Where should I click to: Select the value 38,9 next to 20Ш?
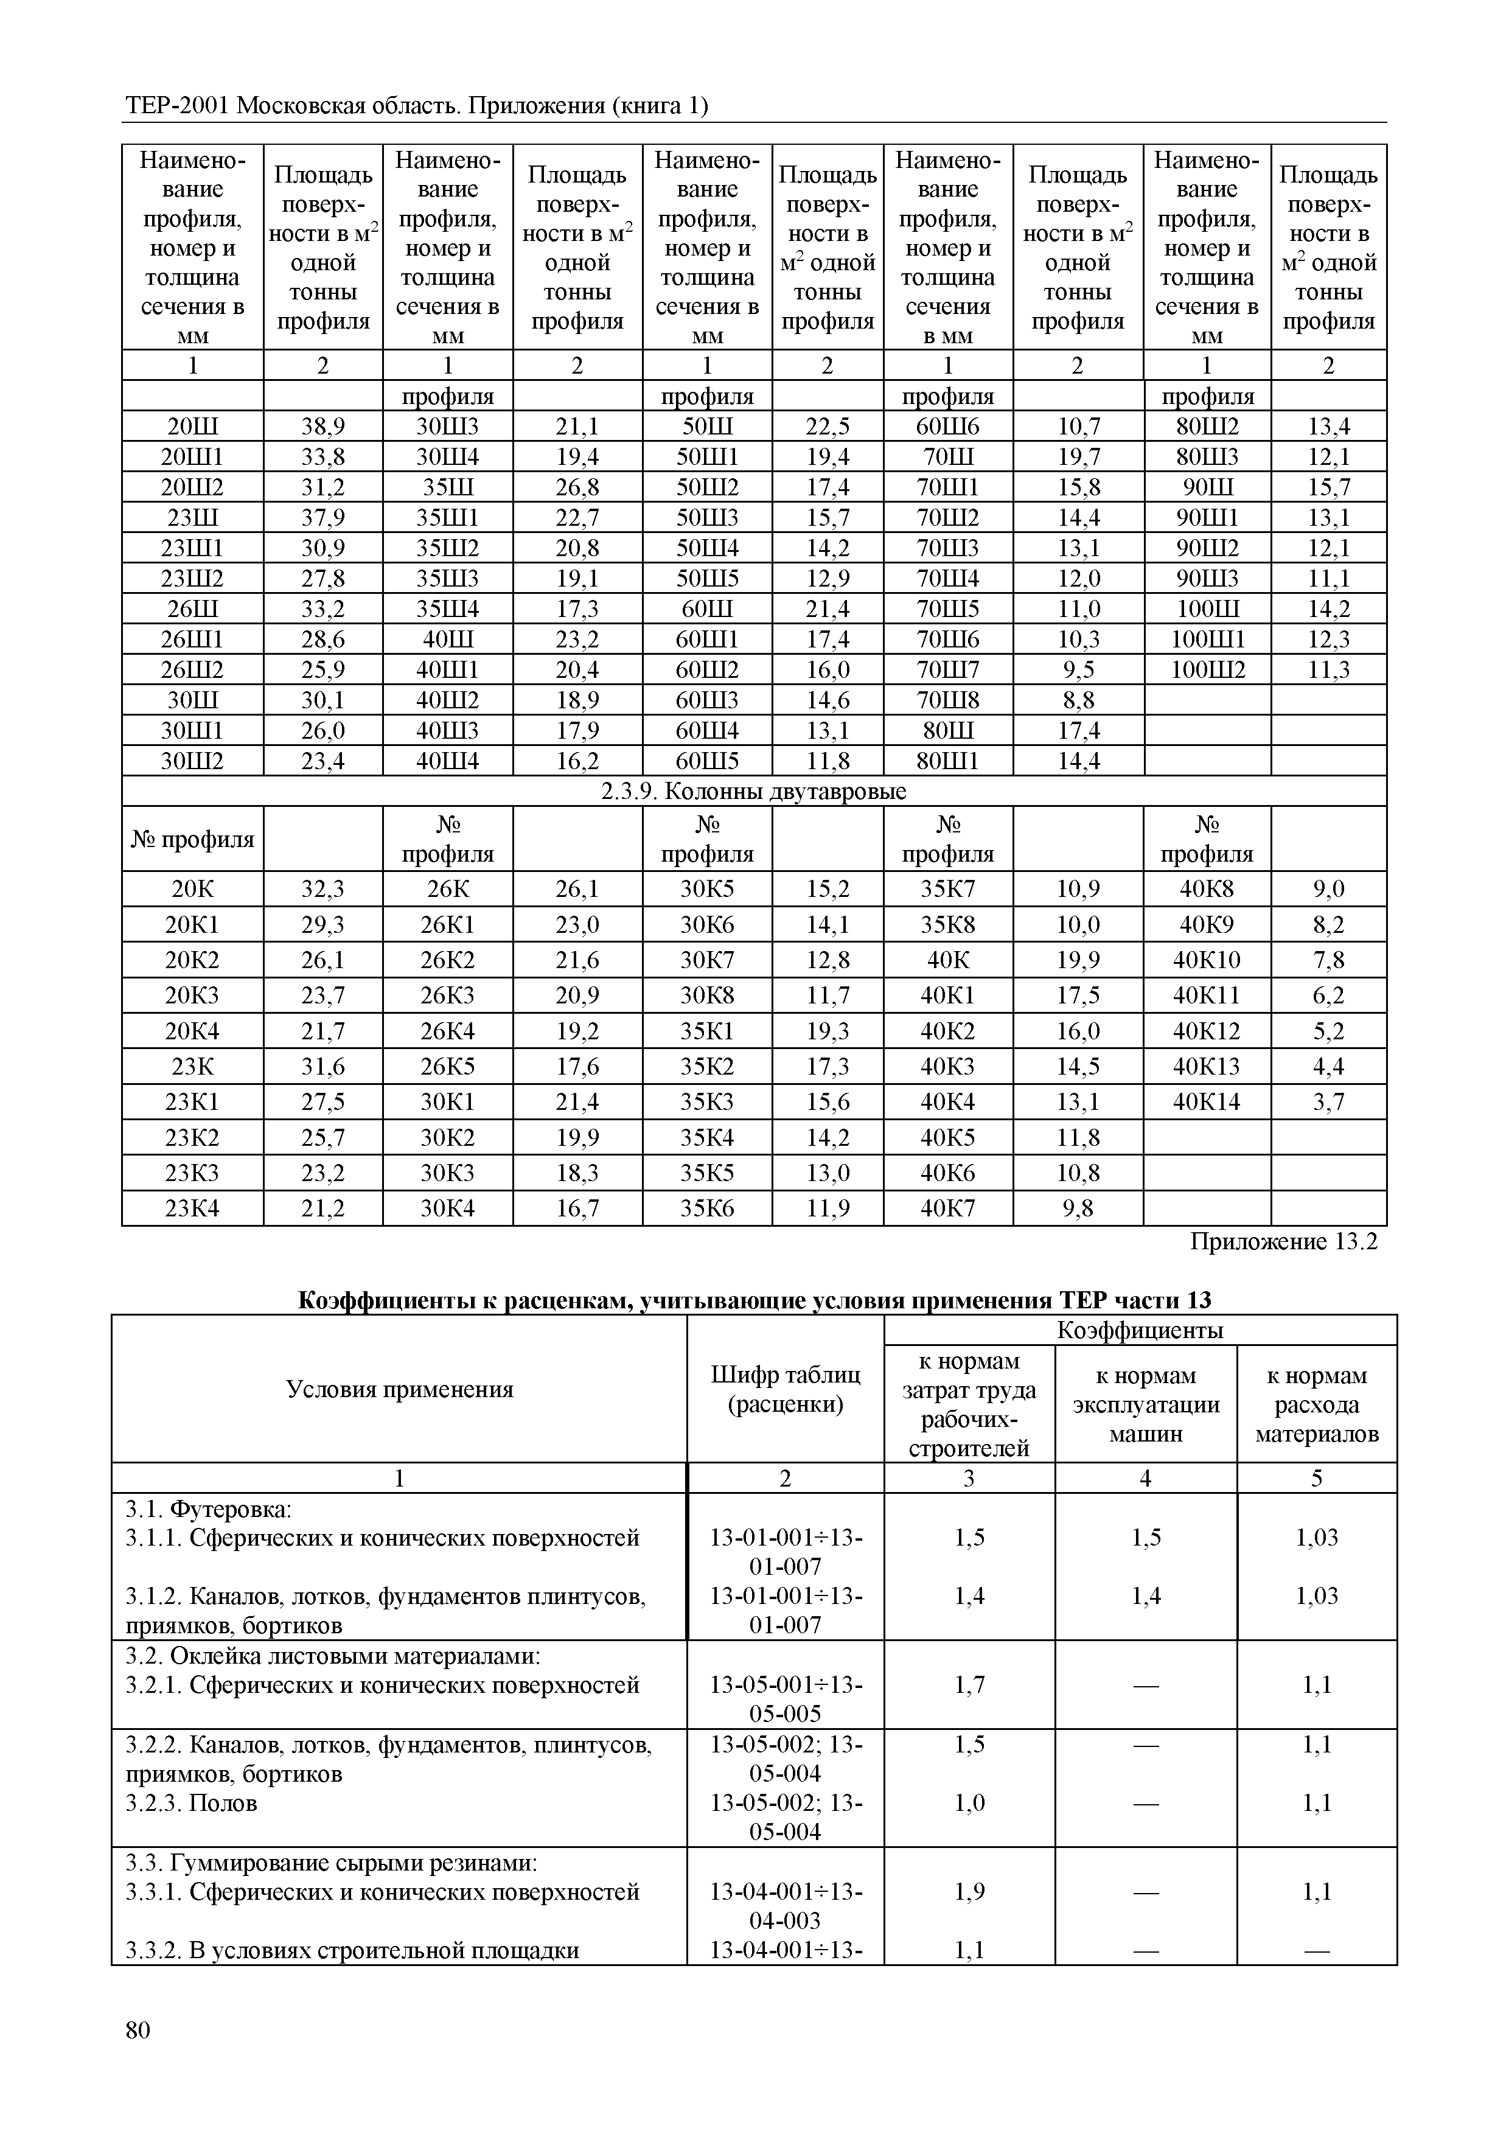tap(322, 427)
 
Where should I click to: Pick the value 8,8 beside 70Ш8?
tap(1078, 700)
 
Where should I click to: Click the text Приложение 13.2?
tap(1283, 1242)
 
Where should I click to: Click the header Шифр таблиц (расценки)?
tap(785, 1389)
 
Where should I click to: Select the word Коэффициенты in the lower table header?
tap(1140, 1330)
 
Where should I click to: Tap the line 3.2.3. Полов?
tap(192, 1803)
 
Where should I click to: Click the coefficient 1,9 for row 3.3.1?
tap(969, 1891)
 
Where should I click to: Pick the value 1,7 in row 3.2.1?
tap(969, 1685)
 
